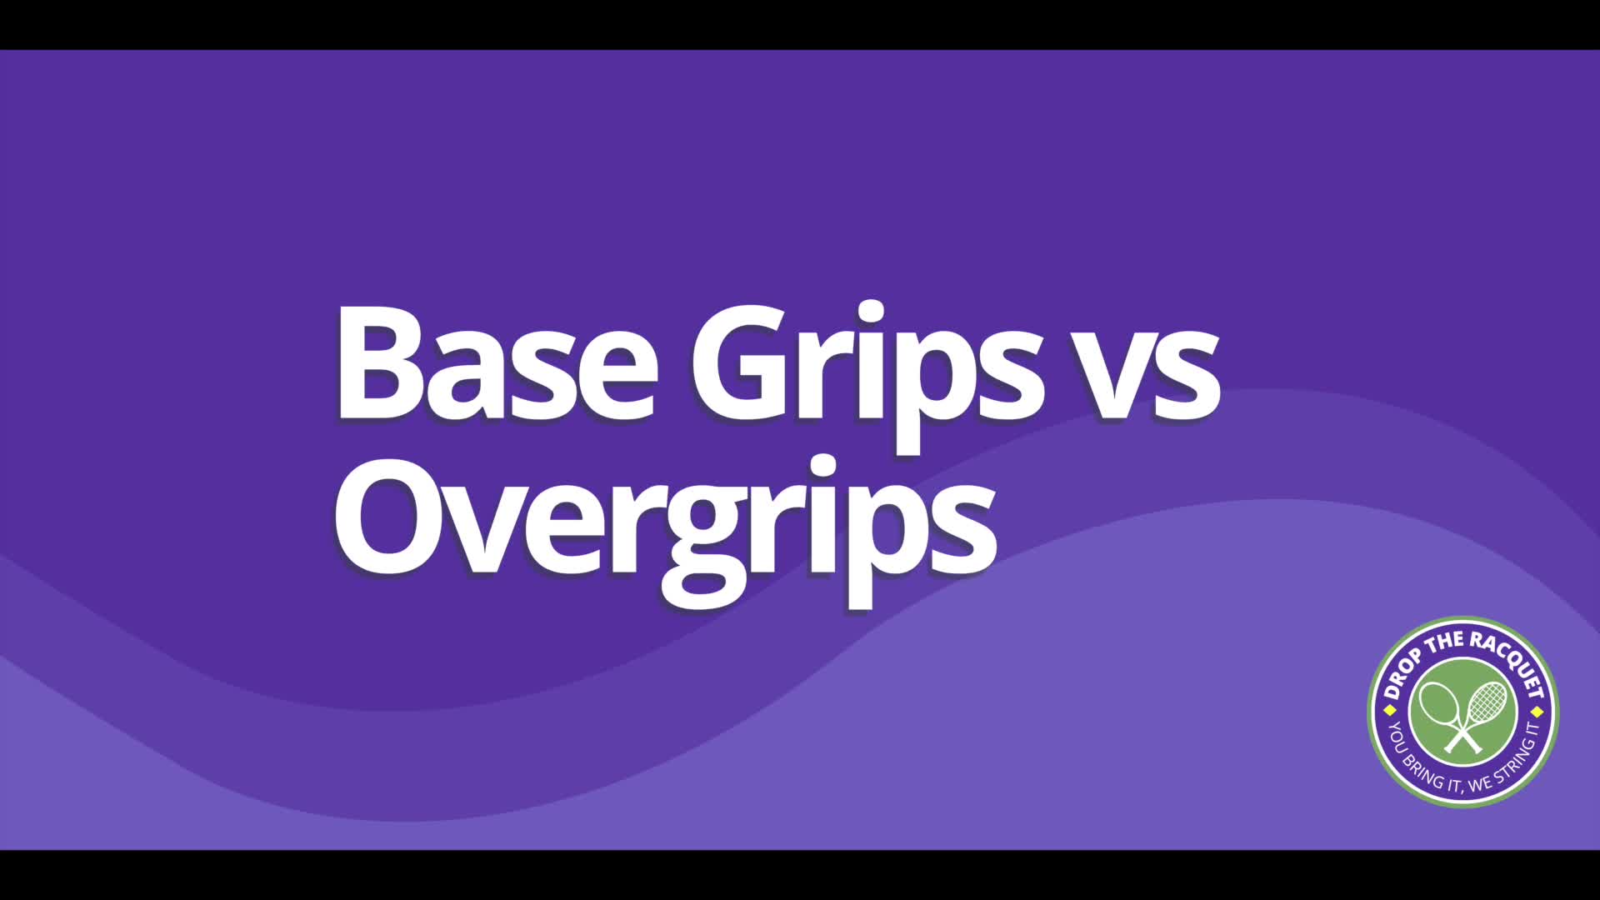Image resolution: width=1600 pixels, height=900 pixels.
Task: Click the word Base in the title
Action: tap(497, 364)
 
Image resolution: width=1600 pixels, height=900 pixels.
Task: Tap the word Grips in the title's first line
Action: tap(867, 375)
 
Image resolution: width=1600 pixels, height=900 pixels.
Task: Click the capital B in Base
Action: tap(380, 364)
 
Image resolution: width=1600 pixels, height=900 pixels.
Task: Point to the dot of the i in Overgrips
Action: tap(822, 467)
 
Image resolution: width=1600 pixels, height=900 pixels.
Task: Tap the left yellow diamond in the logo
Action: tap(1389, 711)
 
